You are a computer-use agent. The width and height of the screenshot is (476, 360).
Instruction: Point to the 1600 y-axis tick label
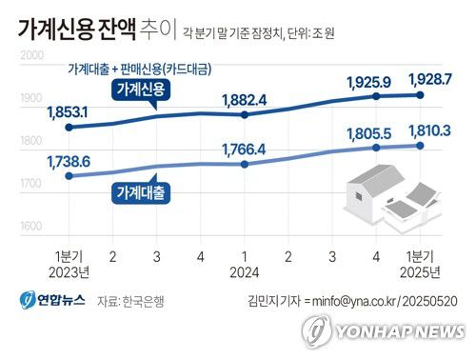[x=32, y=227]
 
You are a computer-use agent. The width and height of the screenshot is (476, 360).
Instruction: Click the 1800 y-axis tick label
[x=32, y=140]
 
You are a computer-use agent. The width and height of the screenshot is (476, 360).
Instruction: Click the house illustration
[x=390, y=195]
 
